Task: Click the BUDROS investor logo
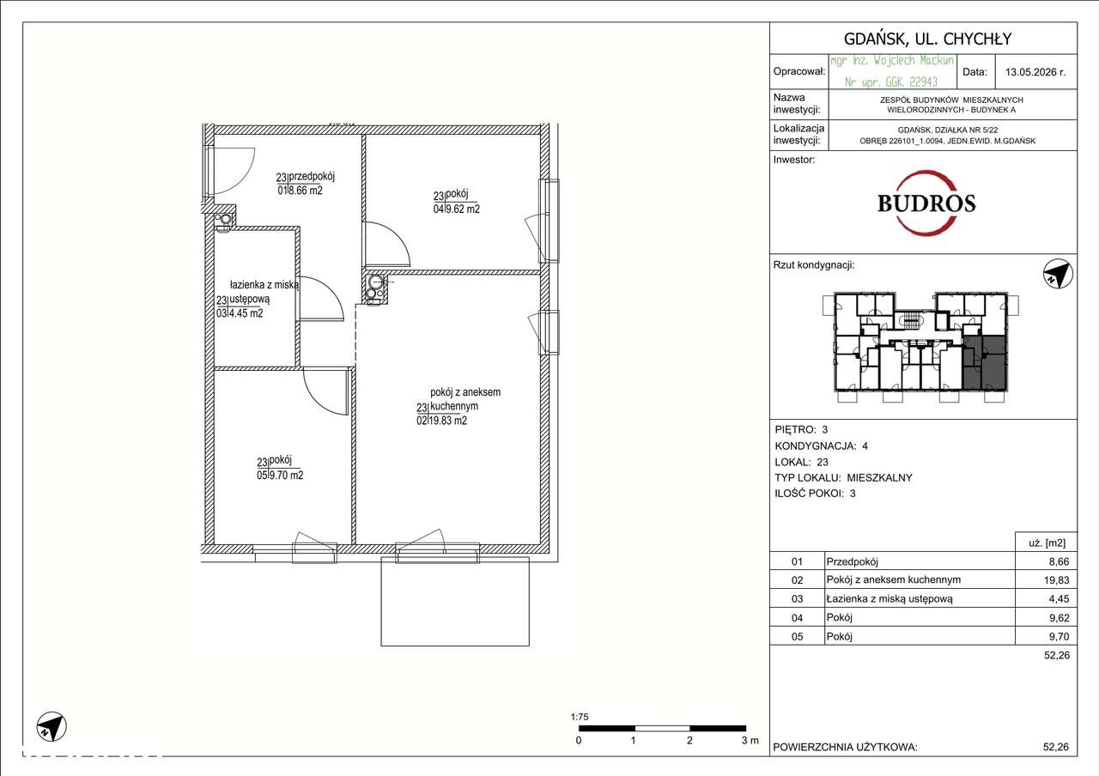click(x=926, y=203)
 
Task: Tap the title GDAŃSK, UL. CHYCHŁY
click(x=927, y=39)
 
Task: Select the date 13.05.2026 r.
click(x=1035, y=72)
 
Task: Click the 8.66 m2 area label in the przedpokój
click(x=305, y=191)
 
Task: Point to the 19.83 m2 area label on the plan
click(x=448, y=421)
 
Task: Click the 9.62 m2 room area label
click(x=462, y=209)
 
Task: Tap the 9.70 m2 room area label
click(x=286, y=475)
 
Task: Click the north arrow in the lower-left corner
click(x=52, y=726)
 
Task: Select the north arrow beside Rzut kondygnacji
click(x=1058, y=274)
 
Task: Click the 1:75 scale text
click(x=580, y=717)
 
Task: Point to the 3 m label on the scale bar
click(x=750, y=740)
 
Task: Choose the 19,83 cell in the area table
click(x=1056, y=579)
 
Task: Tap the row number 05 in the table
click(x=798, y=636)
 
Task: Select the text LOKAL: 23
click(x=802, y=462)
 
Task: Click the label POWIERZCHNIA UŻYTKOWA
click(x=846, y=747)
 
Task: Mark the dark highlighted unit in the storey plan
click(x=984, y=362)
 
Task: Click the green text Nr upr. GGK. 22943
click(x=891, y=82)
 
